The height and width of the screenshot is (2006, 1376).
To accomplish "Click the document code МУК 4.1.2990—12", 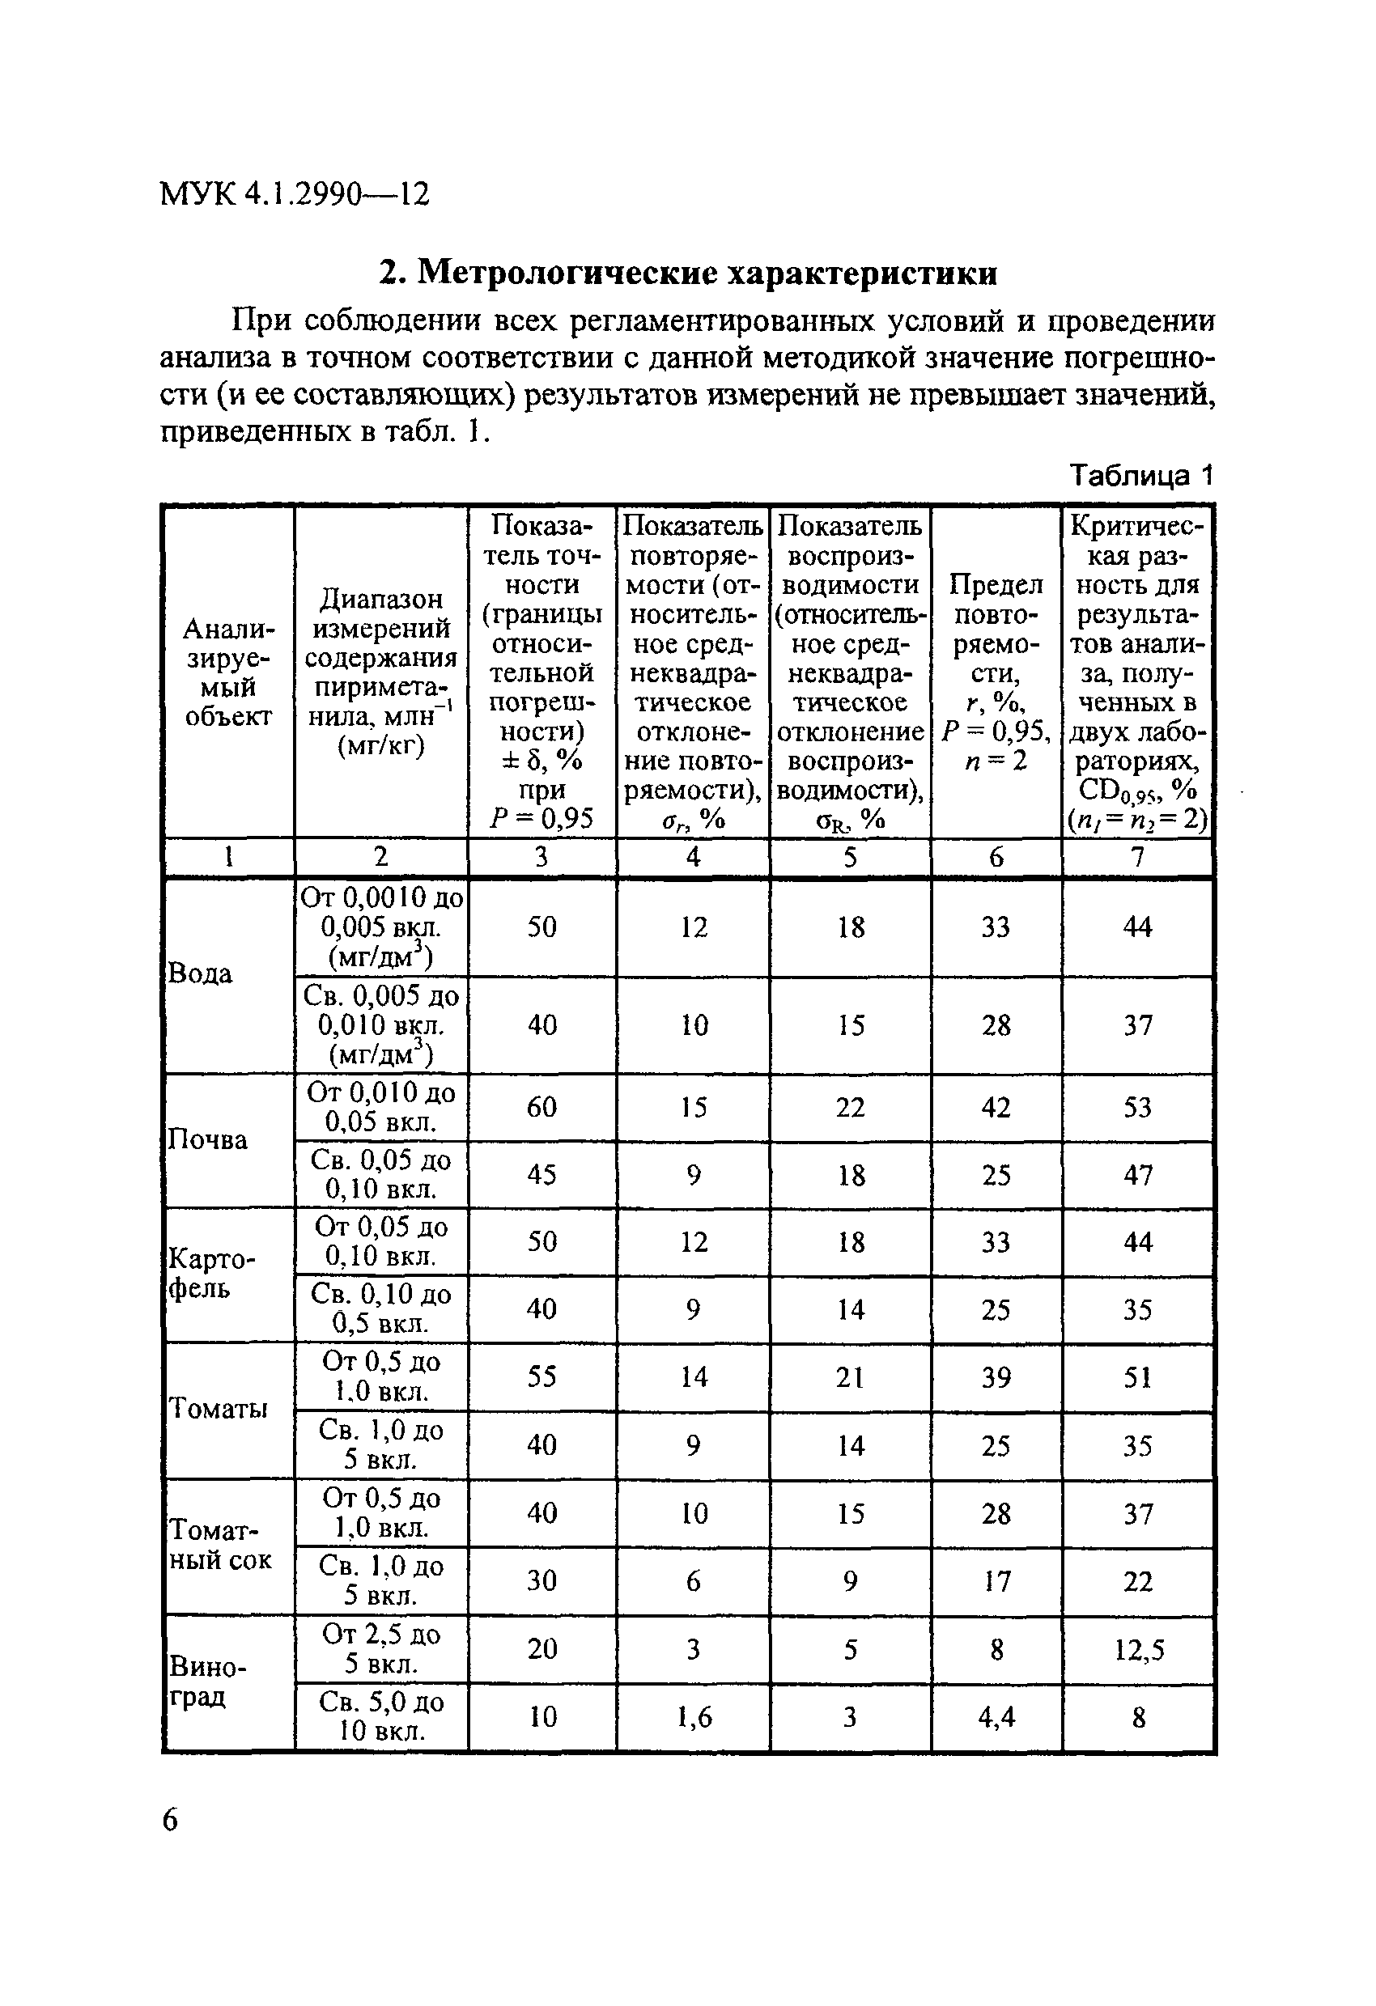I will tap(295, 194).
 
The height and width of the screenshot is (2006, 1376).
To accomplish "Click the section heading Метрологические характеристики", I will tap(688, 273).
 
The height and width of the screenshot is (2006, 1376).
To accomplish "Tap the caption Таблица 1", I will tap(1140, 475).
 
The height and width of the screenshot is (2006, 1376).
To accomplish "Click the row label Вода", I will tap(199, 974).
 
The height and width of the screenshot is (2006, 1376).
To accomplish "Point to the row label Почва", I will tap(207, 1140).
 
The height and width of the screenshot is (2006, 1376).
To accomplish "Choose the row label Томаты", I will tap(218, 1410).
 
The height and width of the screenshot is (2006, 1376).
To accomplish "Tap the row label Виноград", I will tap(207, 1681).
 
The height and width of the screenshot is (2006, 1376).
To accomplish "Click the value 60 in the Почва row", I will tap(541, 1108).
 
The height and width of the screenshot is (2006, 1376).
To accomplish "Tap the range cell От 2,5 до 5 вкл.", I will tap(380, 1648).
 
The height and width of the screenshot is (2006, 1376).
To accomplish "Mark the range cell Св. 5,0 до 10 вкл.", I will tap(380, 1716).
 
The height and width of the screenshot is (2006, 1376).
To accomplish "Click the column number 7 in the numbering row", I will tap(1137, 857).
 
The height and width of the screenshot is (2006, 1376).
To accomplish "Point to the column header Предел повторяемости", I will tap(996, 672).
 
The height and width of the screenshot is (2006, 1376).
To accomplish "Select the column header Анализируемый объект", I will tap(228, 672).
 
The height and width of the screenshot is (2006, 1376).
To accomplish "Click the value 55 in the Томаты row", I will tap(541, 1376).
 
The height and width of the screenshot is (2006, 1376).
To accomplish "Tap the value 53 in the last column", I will tap(1137, 1108).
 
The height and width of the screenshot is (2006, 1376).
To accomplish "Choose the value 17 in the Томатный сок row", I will tap(996, 1581).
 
